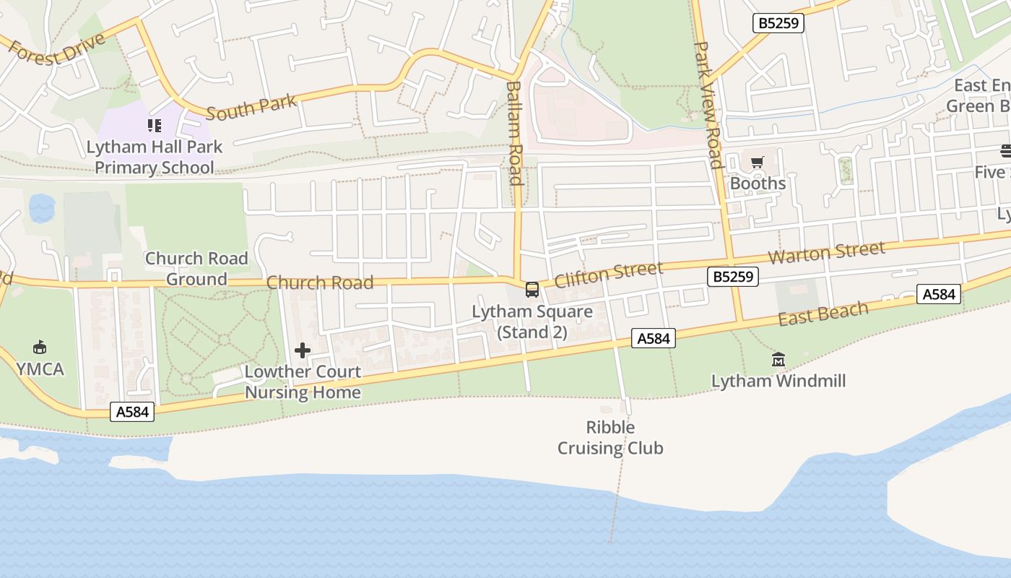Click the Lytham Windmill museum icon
click(778, 359)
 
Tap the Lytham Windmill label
click(778, 381)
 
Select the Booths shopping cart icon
click(757, 163)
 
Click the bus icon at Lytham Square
click(532, 290)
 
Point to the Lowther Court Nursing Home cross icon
click(303, 351)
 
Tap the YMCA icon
click(40, 348)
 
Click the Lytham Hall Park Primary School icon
click(155, 126)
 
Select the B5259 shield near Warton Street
click(733, 276)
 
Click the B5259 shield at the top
click(778, 23)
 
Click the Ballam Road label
click(514, 133)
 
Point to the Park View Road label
click(708, 105)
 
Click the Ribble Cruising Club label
click(610, 438)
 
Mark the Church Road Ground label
click(196, 269)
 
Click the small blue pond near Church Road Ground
click(42, 208)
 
